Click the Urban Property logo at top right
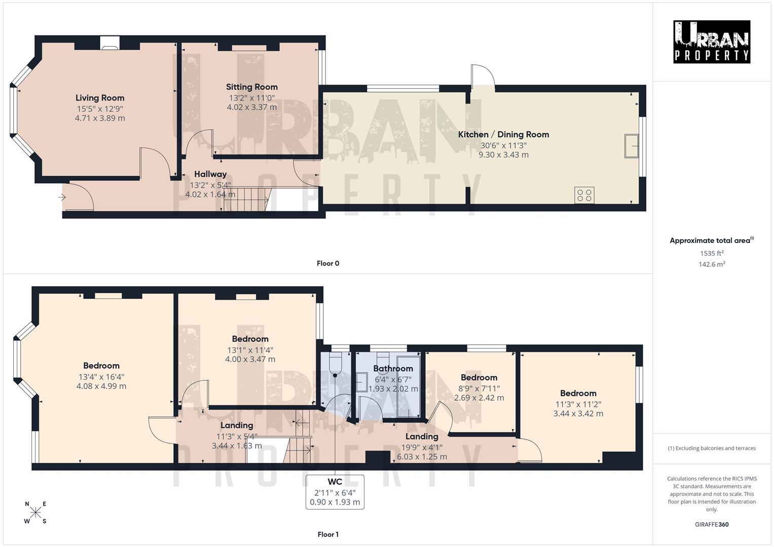pyautogui.click(x=712, y=42)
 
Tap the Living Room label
pyautogui.click(x=100, y=98)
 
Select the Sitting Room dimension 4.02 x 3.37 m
pyautogui.click(x=252, y=107)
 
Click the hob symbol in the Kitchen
pyautogui.click(x=584, y=196)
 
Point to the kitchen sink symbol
pyautogui.click(x=632, y=146)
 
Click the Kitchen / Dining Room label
pyautogui.click(x=503, y=134)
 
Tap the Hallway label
pyautogui.click(x=210, y=174)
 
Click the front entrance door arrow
pyautogui.click(x=64, y=197)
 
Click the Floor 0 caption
pyautogui.click(x=328, y=263)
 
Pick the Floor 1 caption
pyautogui.click(x=328, y=534)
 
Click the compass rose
pyautogui.click(x=35, y=513)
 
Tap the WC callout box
pyautogui.click(x=335, y=492)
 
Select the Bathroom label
pyautogui.click(x=393, y=368)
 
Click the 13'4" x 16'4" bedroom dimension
pyautogui.click(x=101, y=377)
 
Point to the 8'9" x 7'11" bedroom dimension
pyautogui.click(x=479, y=388)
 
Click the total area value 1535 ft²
pyautogui.click(x=712, y=253)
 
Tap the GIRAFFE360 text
pyautogui.click(x=712, y=524)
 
